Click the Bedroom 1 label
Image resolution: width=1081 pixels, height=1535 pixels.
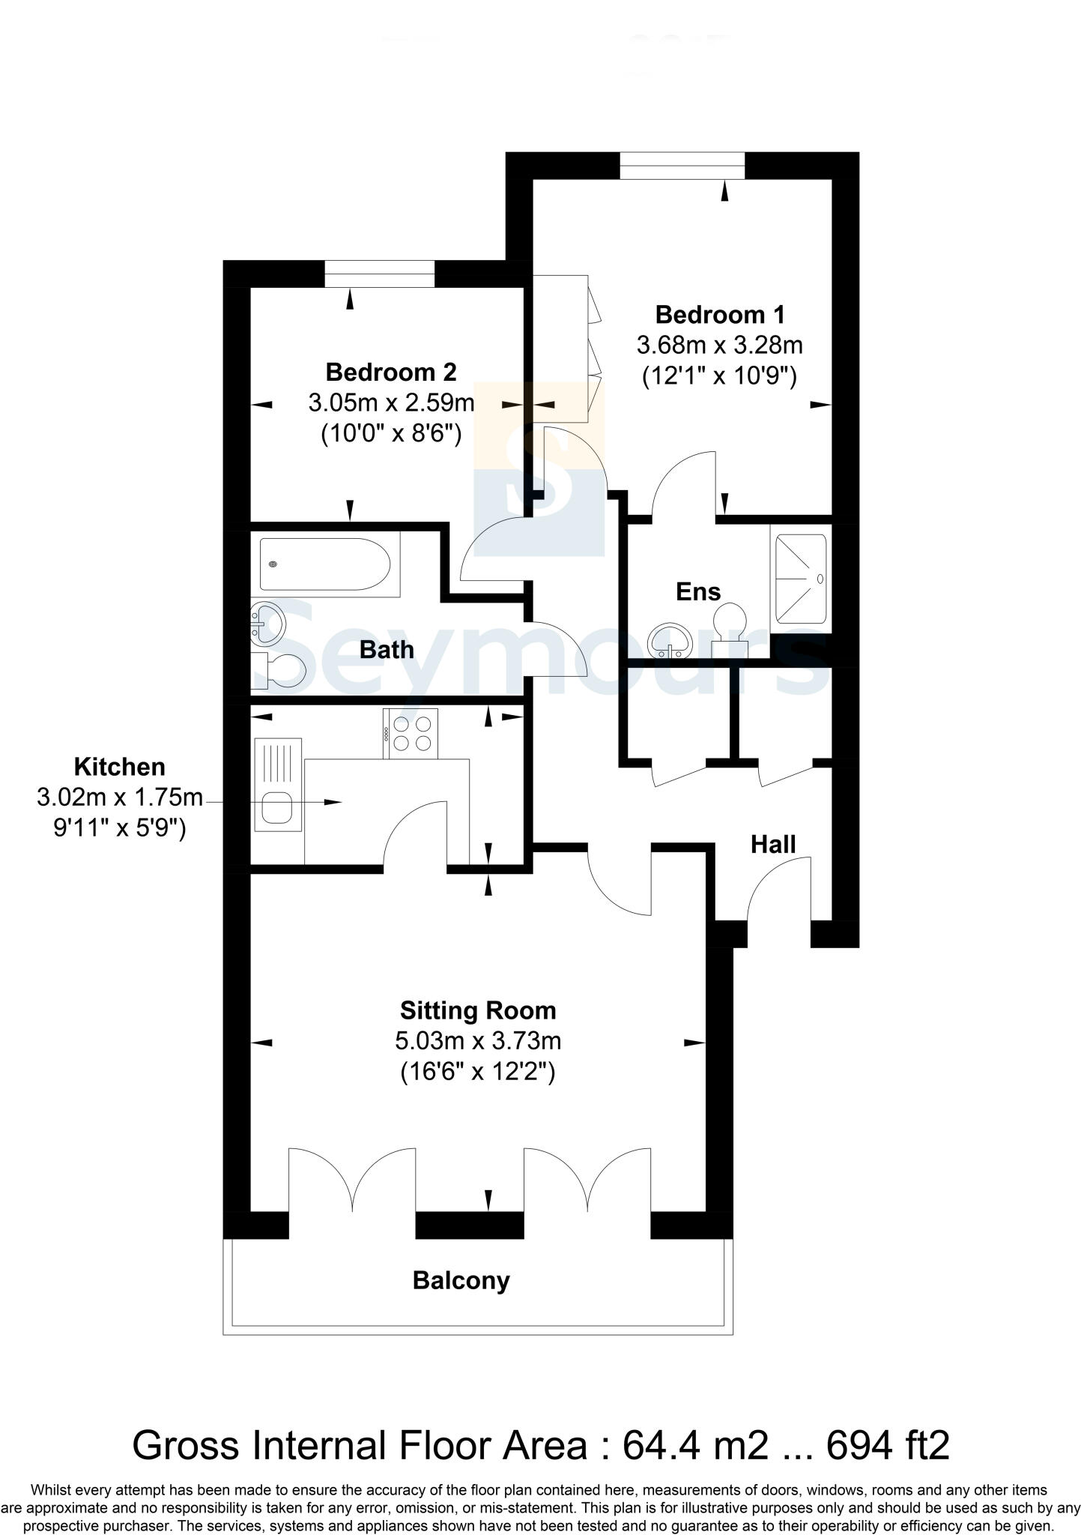(719, 314)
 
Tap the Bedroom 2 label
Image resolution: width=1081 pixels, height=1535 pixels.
(390, 372)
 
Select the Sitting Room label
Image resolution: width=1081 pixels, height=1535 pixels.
(478, 1010)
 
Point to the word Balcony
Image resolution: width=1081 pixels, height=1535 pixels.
(461, 1280)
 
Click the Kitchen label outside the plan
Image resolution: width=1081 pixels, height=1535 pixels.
(119, 767)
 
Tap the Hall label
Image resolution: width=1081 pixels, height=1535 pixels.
(772, 845)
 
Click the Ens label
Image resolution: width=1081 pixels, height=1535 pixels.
(697, 591)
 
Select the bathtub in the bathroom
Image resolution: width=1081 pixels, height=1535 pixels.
(324, 564)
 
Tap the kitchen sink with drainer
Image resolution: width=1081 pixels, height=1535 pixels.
(278, 785)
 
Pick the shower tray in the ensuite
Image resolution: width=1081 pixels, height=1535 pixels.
(800, 578)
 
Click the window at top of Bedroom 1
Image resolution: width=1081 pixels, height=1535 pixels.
(682, 165)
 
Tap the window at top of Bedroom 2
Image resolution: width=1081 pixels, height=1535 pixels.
(379, 274)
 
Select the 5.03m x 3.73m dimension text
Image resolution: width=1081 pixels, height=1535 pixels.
(478, 1041)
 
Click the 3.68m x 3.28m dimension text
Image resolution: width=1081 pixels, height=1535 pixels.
(719, 346)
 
